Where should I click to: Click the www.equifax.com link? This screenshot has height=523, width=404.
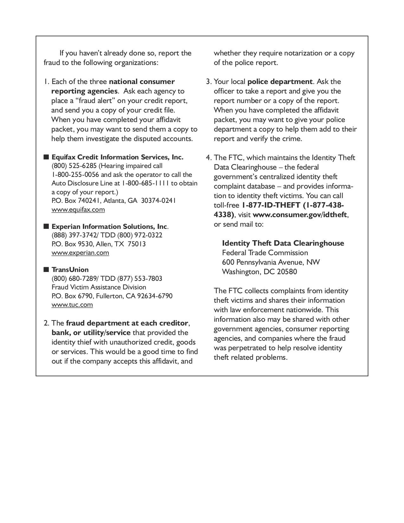pyautogui.click(x=78, y=210)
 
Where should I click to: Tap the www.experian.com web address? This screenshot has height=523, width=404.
pyautogui.click(x=80, y=253)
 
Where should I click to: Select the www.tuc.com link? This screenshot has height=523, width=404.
pyautogui.click(x=72, y=305)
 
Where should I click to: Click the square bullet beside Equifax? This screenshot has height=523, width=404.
pyautogui.click(x=46, y=157)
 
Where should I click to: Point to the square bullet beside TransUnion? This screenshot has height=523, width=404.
pyautogui.click(x=46, y=269)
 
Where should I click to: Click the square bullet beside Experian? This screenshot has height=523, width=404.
pyautogui.click(x=46, y=226)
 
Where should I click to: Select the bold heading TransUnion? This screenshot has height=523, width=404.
pyautogui.click(x=70, y=269)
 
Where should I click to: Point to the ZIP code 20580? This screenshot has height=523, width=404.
pyautogui.click(x=287, y=272)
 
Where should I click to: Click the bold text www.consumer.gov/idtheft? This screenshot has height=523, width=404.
pyautogui.click(x=300, y=215)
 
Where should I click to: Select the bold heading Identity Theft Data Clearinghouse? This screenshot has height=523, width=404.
pyautogui.click(x=283, y=243)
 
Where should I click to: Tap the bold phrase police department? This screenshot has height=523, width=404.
pyautogui.click(x=280, y=81)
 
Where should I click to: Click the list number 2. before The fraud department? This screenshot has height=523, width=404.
pyautogui.click(x=47, y=323)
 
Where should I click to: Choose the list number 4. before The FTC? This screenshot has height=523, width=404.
pyautogui.click(x=208, y=158)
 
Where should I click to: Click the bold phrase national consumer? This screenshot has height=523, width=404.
pyautogui.click(x=142, y=81)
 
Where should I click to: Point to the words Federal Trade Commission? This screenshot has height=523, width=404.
pyautogui.click(x=265, y=253)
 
